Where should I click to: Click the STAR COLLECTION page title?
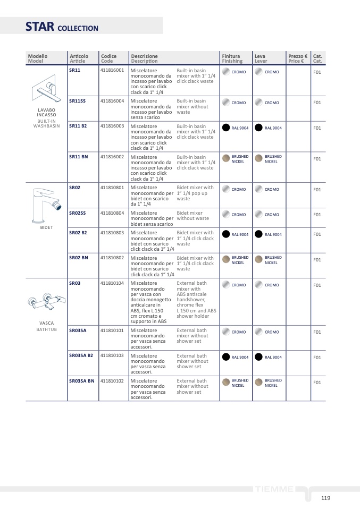click(x=62, y=27)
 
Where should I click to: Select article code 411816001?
click(x=112, y=70)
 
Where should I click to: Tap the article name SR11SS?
click(x=77, y=100)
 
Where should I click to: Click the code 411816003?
click(x=112, y=126)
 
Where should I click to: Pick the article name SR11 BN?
click(x=78, y=157)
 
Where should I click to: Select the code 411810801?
click(x=112, y=187)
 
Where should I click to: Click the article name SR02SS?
click(x=77, y=213)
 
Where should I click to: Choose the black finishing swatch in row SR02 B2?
click(x=226, y=234)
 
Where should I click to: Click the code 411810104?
click(x=112, y=283)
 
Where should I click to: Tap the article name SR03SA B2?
click(x=81, y=355)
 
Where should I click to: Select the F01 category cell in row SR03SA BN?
click(x=317, y=383)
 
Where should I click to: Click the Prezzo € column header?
click(x=298, y=58)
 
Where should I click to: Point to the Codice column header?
click(x=108, y=58)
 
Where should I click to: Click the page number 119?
click(x=325, y=498)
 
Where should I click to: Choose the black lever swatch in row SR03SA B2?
click(x=259, y=357)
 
